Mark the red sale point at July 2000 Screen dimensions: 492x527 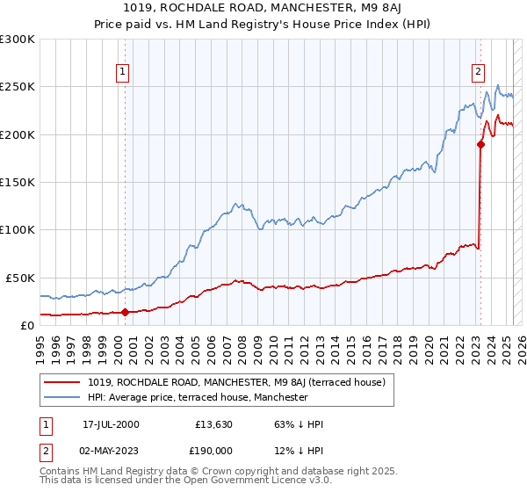coord(125,311)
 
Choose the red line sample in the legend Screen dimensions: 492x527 coord(62,382)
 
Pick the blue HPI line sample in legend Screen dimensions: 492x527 coord(62,397)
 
